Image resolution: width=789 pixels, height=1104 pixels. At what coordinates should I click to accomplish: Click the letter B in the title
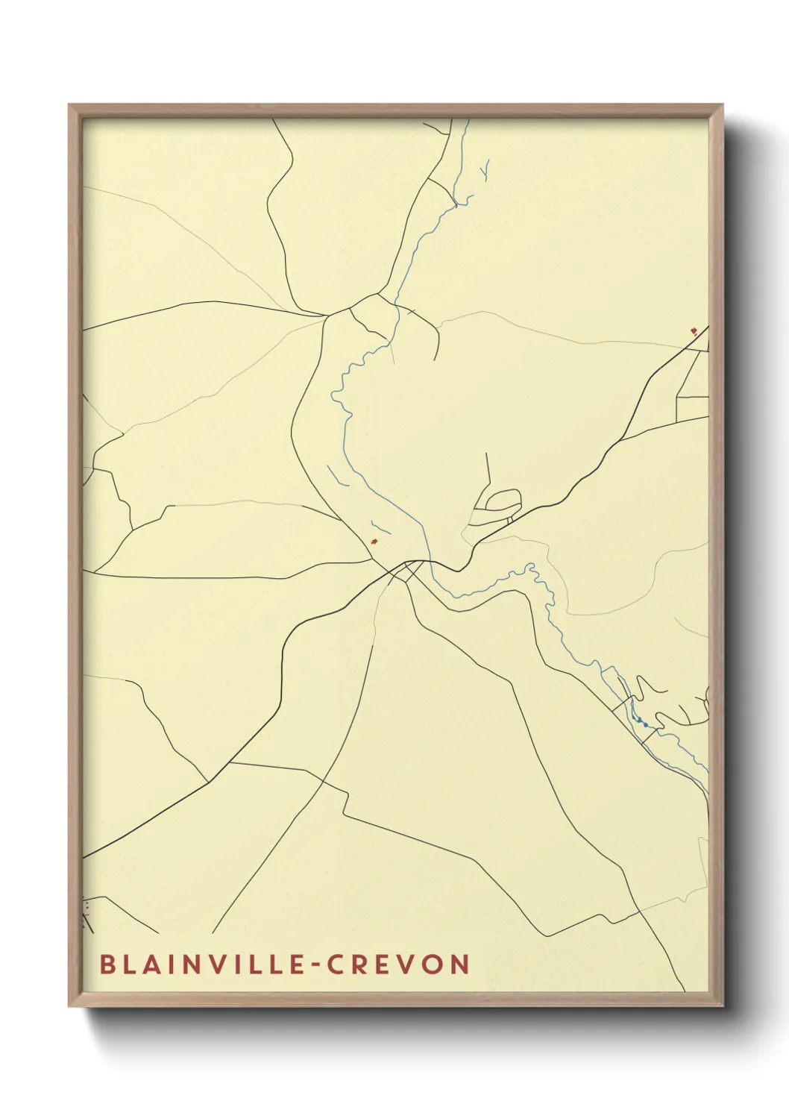point(107,964)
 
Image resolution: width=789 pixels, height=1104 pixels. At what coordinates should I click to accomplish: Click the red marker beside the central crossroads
point(374,541)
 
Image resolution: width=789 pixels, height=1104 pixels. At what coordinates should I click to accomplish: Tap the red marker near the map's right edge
point(693,330)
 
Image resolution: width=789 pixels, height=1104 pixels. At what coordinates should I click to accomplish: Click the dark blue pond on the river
point(640,721)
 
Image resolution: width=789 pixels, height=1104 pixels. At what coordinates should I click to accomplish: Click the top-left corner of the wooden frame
point(70,106)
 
